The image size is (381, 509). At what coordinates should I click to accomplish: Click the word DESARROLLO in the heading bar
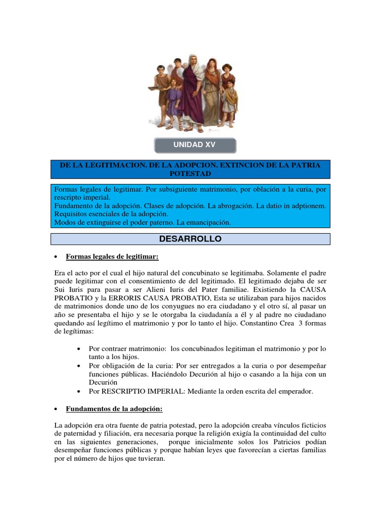coord(190,239)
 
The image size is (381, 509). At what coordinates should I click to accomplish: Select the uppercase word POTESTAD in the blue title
coord(190,173)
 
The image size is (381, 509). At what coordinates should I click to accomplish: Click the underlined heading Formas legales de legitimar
coord(112,256)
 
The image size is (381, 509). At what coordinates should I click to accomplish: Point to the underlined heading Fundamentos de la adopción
coord(114,409)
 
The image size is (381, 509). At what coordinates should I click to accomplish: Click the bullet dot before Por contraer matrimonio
coord(79,348)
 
